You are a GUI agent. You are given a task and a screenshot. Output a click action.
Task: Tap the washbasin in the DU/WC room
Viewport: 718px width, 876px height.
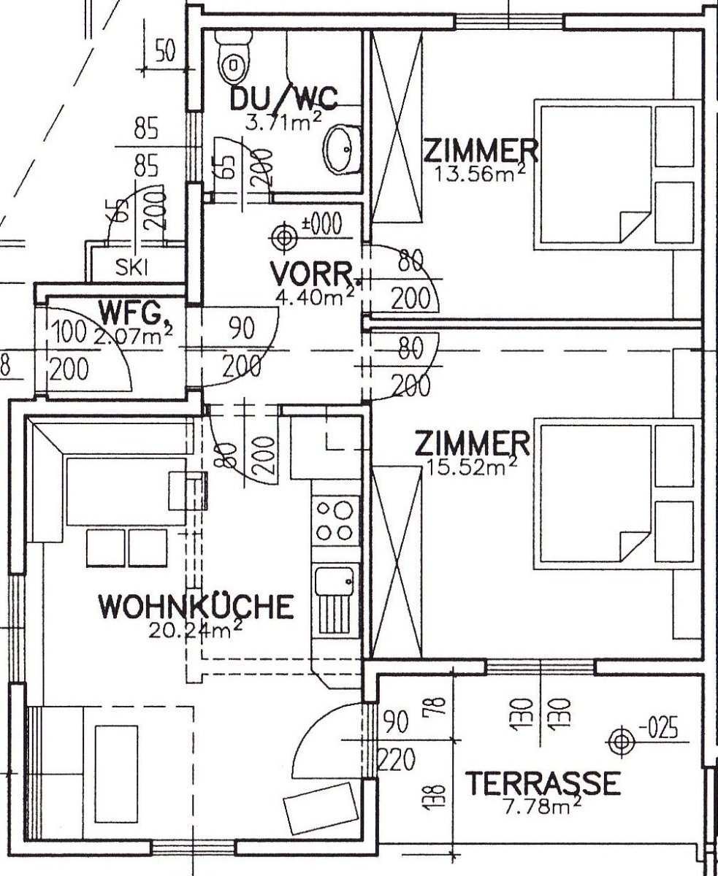click(342, 150)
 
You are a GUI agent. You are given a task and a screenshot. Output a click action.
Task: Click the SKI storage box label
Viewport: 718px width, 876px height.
click(132, 268)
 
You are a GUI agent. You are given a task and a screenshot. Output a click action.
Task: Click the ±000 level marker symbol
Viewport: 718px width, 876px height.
click(282, 237)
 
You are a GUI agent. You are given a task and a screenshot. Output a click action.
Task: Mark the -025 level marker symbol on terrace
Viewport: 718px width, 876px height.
click(622, 741)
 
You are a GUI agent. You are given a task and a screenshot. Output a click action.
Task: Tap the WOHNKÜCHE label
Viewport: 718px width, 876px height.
click(196, 606)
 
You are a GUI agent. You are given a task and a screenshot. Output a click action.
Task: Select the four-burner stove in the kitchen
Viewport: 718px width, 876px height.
click(335, 520)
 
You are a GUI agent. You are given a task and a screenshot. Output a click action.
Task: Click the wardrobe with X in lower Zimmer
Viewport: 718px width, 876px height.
click(397, 562)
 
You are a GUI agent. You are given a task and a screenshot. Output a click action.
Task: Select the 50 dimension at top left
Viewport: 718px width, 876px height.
click(167, 53)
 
